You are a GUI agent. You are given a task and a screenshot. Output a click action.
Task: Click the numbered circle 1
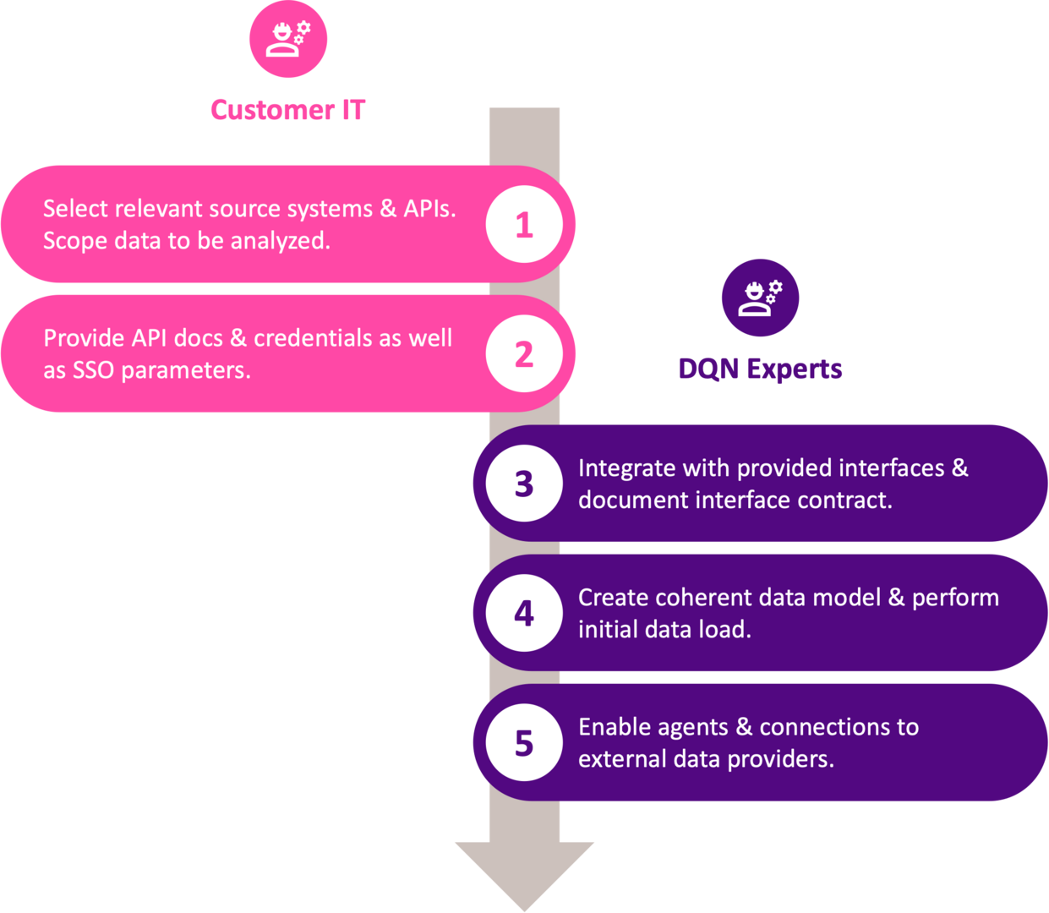tap(524, 225)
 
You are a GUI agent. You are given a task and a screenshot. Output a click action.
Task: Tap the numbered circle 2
tap(524, 354)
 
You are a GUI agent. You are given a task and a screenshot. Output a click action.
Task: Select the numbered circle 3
tap(524, 484)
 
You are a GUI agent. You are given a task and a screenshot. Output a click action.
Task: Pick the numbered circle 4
tap(524, 613)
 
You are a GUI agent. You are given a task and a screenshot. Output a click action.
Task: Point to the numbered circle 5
tap(524, 743)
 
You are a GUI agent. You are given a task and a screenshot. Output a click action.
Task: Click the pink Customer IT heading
tap(287, 110)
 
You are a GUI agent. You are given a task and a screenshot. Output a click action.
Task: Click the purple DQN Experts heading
tap(760, 369)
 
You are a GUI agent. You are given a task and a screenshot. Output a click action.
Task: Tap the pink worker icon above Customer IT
tap(288, 39)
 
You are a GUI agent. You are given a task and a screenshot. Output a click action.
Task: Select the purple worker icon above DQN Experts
tap(760, 298)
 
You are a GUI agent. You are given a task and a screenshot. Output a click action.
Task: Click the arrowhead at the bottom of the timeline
tap(524, 871)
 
